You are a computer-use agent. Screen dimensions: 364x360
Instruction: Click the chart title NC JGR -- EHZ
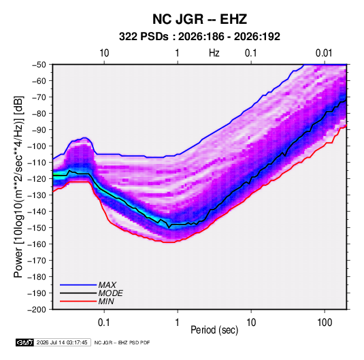(199, 19)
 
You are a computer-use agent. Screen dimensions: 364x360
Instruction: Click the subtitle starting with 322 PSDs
(199, 37)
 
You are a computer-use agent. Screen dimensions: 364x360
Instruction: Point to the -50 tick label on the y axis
(39, 65)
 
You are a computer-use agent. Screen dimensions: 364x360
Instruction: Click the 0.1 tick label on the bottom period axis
(104, 323)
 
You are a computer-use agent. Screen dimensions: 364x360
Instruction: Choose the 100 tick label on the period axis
(325, 323)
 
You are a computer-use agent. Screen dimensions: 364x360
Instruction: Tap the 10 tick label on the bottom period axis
(251, 323)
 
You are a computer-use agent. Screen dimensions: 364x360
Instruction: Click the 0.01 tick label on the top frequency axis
(324, 53)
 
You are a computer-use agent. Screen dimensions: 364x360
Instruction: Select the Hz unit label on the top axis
(214, 53)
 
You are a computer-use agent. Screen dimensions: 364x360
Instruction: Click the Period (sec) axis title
(214, 330)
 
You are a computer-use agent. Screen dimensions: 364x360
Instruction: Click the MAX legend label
(107, 284)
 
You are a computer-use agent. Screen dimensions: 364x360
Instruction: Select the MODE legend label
(110, 293)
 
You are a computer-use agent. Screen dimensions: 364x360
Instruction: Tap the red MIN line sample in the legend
(78, 301)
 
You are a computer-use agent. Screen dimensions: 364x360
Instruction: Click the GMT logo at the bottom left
(24, 342)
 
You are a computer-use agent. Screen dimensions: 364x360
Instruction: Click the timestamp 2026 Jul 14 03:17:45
(62, 342)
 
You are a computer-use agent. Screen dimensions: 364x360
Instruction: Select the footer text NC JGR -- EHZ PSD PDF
(122, 342)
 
